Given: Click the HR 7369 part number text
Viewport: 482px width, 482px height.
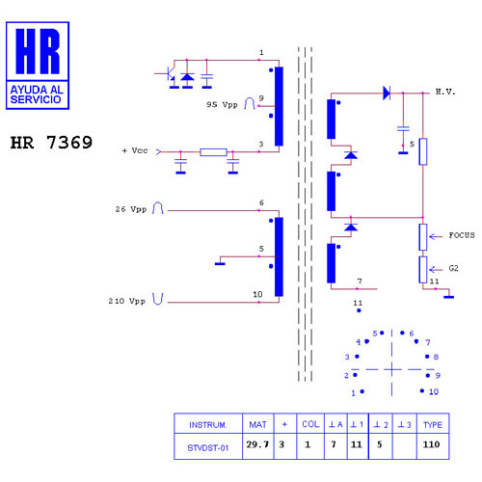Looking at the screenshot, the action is (51, 143).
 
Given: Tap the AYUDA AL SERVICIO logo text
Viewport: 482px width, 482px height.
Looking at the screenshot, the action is (37, 94).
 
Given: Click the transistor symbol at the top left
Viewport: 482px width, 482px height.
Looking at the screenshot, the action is (168, 73).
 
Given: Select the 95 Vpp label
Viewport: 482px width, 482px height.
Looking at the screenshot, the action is (222, 105).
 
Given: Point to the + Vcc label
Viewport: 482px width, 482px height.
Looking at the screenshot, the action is (135, 150).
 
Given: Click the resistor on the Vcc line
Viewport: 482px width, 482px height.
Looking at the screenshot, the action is (214, 152).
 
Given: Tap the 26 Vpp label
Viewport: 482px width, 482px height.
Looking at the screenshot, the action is (131, 209).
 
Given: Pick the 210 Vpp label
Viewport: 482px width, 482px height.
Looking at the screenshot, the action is (127, 301).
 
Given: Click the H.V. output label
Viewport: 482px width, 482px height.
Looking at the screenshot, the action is (445, 92).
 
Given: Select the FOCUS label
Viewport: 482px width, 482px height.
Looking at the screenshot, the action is (462, 235).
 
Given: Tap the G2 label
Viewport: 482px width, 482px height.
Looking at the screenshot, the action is (453, 268).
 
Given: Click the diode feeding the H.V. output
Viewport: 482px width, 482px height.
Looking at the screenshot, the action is (387, 94).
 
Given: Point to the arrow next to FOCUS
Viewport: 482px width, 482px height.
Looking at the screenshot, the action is (436, 237).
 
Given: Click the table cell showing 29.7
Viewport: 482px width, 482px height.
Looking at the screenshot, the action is (257, 444).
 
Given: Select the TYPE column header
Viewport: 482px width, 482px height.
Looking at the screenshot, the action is (433, 425).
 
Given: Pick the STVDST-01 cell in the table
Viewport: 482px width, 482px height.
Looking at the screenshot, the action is (208, 447).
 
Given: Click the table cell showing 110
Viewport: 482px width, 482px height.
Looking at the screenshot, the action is (431, 444).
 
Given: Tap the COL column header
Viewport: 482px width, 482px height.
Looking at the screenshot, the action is (310, 424).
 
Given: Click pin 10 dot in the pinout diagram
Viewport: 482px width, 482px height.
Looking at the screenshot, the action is (422, 390).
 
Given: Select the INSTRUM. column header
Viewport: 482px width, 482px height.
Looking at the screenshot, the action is (208, 425).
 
